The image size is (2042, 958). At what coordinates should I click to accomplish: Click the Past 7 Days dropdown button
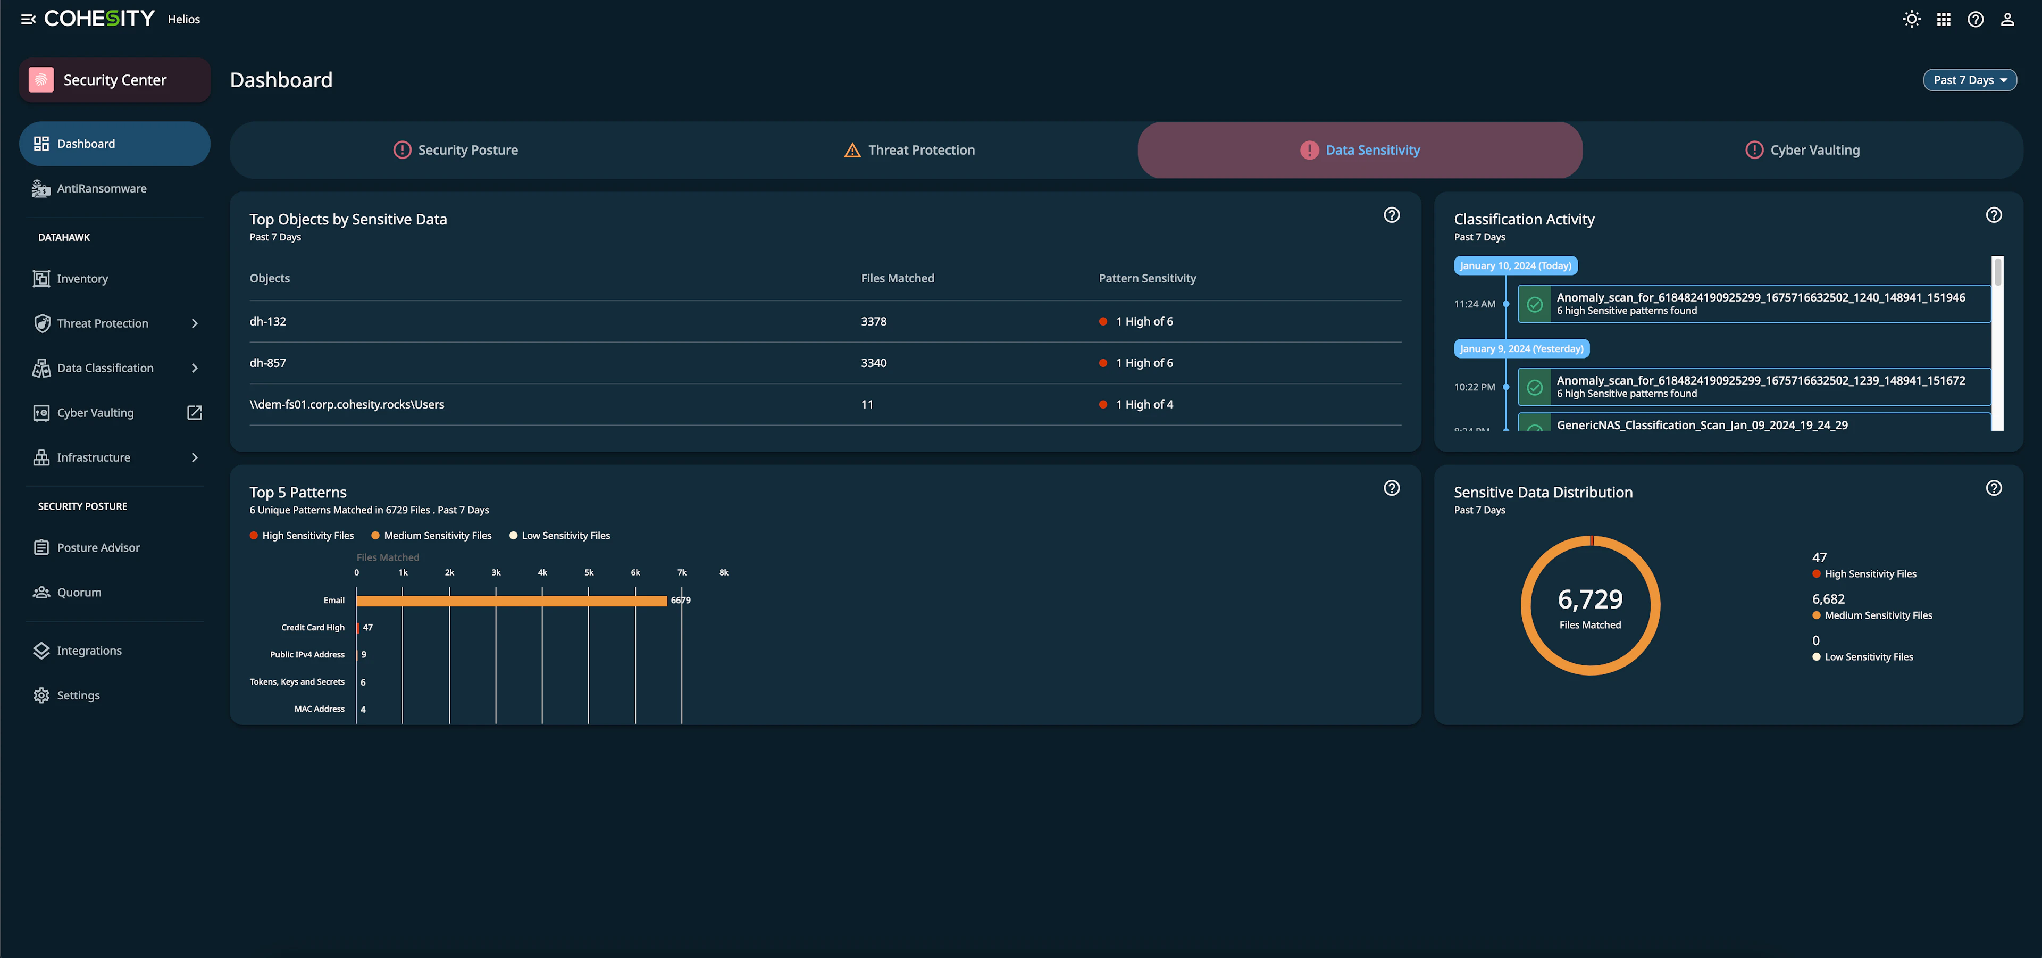point(1969,80)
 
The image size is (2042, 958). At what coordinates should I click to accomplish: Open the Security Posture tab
point(456,150)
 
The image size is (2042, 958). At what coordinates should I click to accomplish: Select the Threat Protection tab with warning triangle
point(909,150)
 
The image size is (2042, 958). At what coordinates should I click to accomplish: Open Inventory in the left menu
point(82,278)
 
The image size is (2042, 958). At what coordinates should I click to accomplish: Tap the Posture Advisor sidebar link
point(98,547)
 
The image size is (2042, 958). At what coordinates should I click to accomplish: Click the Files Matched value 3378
point(874,321)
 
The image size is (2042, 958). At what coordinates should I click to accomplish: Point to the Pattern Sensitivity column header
point(1147,278)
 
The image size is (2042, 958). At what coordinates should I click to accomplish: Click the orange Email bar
point(511,601)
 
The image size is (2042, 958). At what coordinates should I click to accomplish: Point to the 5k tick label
point(589,572)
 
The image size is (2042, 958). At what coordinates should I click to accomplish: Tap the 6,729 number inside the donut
point(1590,599)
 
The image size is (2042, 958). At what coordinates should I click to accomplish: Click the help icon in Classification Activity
point(1994,215)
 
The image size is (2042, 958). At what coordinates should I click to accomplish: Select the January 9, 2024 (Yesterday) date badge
point(1521,349)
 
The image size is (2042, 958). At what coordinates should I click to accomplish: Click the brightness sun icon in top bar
point(1911,19)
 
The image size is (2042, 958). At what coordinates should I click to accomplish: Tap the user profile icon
point(2007,19)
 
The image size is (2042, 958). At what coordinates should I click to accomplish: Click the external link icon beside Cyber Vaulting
point(194,412)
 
